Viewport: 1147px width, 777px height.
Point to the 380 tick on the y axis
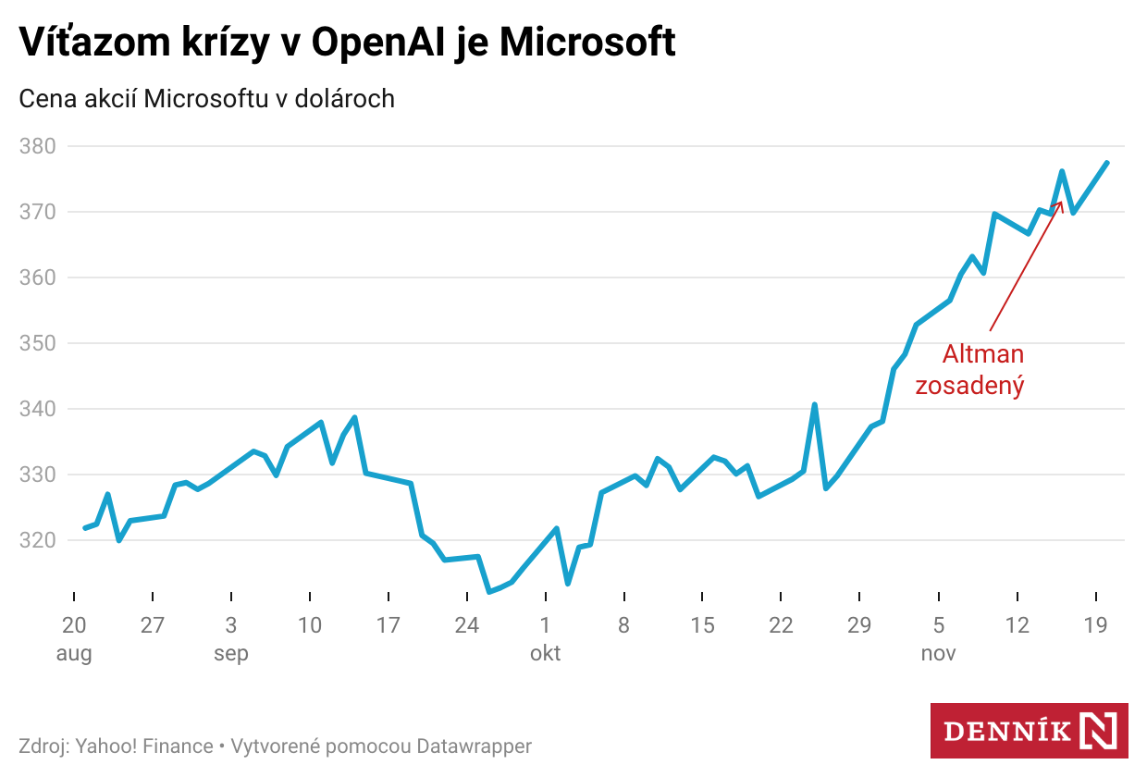pyautogui.click(x=37, y=146)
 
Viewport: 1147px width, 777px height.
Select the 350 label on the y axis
pyautogui.click(x=37, y=343)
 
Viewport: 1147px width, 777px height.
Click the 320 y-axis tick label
pyautogui.click(x=37, y=540)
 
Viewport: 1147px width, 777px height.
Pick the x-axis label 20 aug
pyautogui.click(x=74, y=639)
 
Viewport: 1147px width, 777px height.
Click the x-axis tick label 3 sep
pyautogui.click(x=230, y=639)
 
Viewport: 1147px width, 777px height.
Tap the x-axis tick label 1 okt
pyautogui.click(x=545, y=639)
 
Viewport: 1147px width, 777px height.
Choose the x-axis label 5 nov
pyautogui.click(x=939, y=639)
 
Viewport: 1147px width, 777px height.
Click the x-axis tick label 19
pyautogui.click(x=1096, y=626)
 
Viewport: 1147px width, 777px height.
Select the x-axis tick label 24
pyautogui.click(x=467, y=626)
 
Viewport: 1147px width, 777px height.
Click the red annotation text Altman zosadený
pyautogui.click(x=970, y=370)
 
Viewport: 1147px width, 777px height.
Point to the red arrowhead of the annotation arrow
pyautogui.click(x=1060, y=203)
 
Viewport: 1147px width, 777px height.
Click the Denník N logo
pyautogui.click(x=1029, y=731)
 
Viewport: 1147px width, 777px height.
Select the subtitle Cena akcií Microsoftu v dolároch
pyautogui.click(x=207, y=98)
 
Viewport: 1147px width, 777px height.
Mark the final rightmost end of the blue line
pyautogui.click(x=1107, y=163)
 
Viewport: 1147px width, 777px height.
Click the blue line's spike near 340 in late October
pyautogui.click(x=814, y=404)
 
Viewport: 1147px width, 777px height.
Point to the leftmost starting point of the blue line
pyautogui.click(x=85, y=528)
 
